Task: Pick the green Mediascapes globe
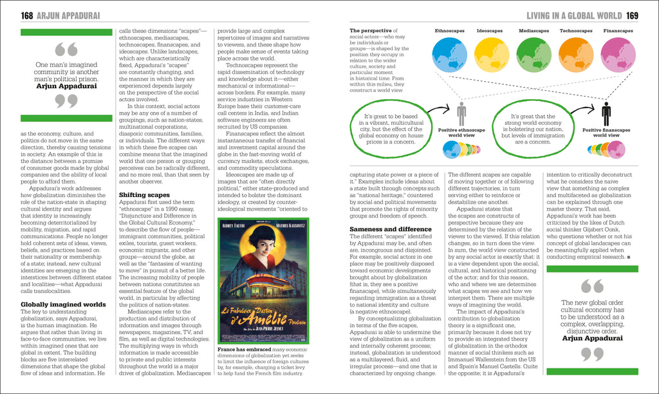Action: click(x=534, y=55)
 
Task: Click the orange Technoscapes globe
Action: click(x=575, y=55)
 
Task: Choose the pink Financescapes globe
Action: click(x=617, y=55)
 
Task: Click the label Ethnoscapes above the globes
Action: click(x=450, y=30)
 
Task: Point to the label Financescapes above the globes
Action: click(x=618, y=30)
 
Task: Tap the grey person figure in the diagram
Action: click(x=461, y=114)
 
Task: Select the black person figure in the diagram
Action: click(x=606, y=114)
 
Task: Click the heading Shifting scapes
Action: click(x=145, y=194)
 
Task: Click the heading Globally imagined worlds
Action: click(x=63, y=305)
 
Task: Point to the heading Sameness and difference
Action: click(x=391, y=229)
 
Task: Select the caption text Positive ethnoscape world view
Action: click(x=461, y=133)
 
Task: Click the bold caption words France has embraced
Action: click(x=244, y=349)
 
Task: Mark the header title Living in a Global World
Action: click(x=574, y=15)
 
